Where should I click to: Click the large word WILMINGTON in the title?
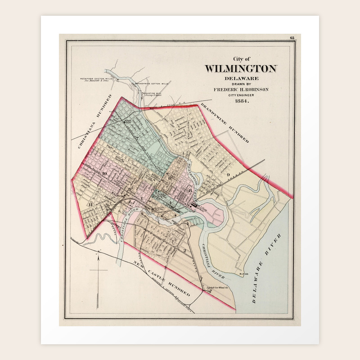pyautogui.click(x=241, y=69)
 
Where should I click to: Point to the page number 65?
pyautogui.click(x=292, y=38)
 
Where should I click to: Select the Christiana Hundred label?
pyautogui.click(x=95, y=121)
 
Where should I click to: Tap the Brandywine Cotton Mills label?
pyautogui.click(x=151, y=83)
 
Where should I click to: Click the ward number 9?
pyautogui.click(x=229, y=174)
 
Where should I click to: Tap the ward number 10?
pyautogui.click(x=104, y=174)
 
